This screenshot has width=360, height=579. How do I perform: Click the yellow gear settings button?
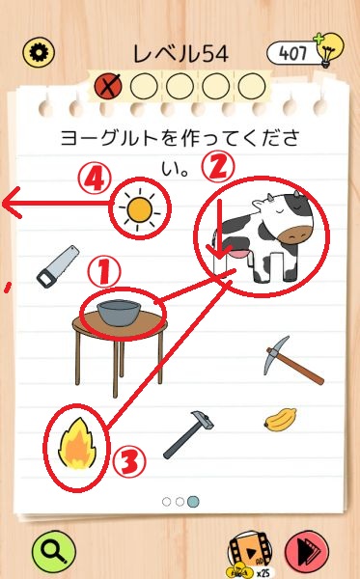39,52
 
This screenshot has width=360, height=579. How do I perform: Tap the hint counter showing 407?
291,53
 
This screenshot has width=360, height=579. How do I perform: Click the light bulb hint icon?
328,49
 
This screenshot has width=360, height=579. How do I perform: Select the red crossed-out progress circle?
108,86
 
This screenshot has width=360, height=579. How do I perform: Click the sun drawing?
140,210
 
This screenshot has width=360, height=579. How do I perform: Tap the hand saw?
58,266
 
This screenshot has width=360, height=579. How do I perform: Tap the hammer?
188,435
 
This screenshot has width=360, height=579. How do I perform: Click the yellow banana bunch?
280,420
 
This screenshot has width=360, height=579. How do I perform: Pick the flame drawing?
77,444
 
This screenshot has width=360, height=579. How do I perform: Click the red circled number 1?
104,272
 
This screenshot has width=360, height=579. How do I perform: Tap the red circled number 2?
217,166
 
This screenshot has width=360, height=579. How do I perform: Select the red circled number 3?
129,461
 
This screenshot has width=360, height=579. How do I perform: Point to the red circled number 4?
95,179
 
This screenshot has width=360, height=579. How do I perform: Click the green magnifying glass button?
54,552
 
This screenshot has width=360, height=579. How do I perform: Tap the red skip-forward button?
307,552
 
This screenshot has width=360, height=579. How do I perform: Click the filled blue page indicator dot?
193,502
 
